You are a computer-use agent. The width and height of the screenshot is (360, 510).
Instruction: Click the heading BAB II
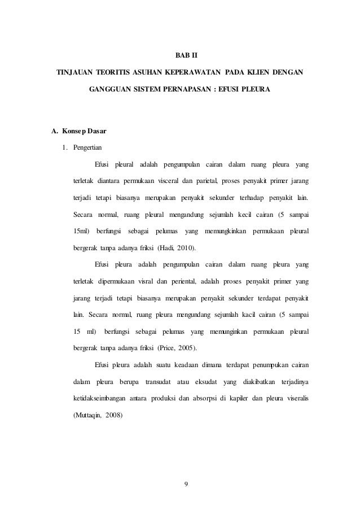click(180, 56)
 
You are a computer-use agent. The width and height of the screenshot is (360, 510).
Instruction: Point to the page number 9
click(180, 483)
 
